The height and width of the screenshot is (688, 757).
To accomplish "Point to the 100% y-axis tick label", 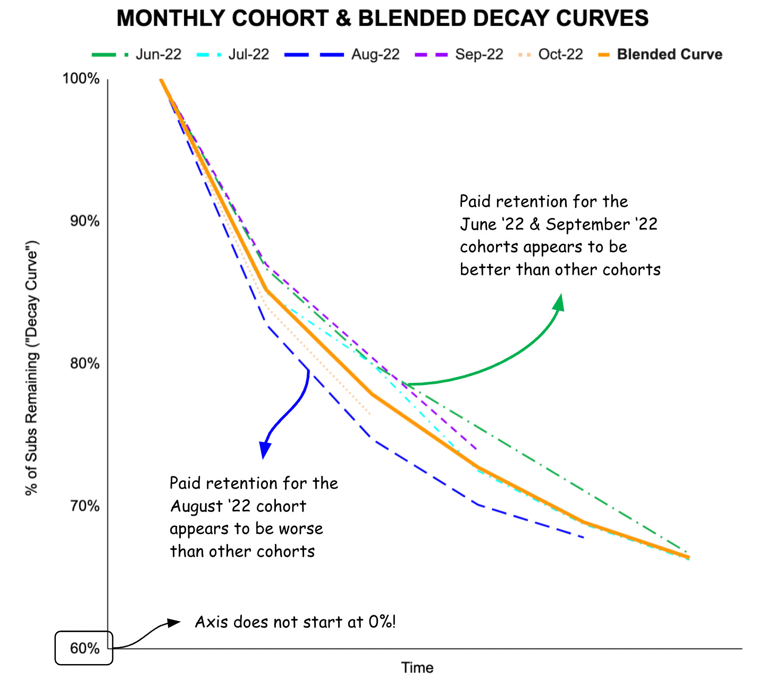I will [x=81, y=79].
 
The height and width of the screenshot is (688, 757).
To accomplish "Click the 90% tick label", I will [x=85, y=221].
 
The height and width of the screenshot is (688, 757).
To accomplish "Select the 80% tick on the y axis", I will [x=85, y=364].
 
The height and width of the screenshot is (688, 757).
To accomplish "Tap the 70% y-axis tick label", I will [x=85, y=506].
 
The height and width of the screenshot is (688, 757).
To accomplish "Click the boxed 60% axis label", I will [x=85, y=648].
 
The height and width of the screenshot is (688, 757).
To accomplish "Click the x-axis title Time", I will [x=417, y=668].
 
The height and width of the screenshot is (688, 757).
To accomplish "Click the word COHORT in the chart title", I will [x=280, y=19].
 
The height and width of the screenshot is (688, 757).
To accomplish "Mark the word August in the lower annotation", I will [x=197, y=506].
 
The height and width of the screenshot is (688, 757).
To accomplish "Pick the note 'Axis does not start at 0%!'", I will [x=295, y=622].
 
